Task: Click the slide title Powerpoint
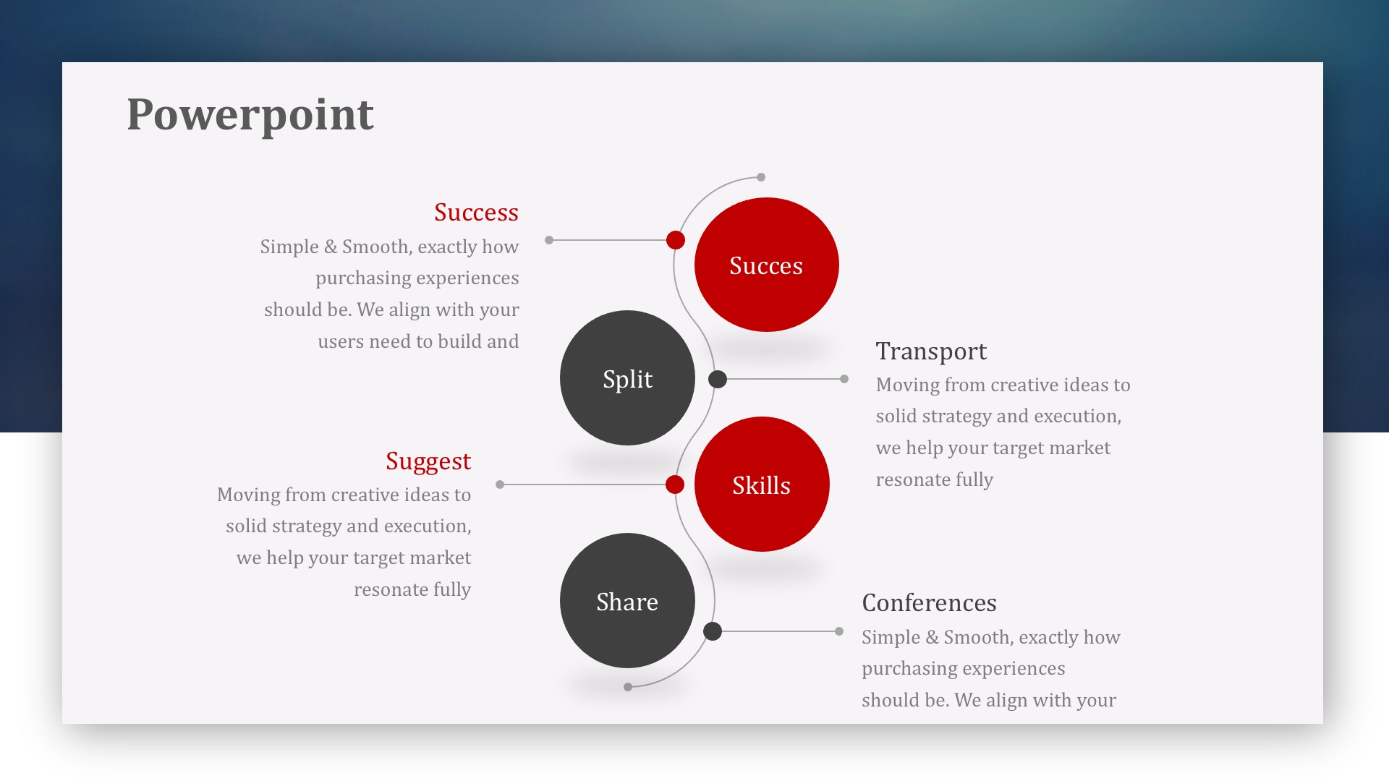[250, 114]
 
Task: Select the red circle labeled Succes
[766, 265]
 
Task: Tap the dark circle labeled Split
[627, 377]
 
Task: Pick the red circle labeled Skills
[762, 484]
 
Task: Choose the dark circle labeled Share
[627, 600]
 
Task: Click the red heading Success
[476, 212]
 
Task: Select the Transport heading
[931, 351]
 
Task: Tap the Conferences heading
[929, 602]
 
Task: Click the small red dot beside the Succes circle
[676, 240]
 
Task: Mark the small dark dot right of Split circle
[718, 379]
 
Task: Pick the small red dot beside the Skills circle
[675, 485]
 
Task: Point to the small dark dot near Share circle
[713, 631]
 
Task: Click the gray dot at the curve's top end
[761, 177]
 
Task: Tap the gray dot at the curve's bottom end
[628, 687]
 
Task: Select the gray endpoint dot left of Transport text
[844, 379]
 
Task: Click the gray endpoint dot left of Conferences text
[839, 631]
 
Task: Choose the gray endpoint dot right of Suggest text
[500, 485]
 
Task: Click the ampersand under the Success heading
[331, 247]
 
